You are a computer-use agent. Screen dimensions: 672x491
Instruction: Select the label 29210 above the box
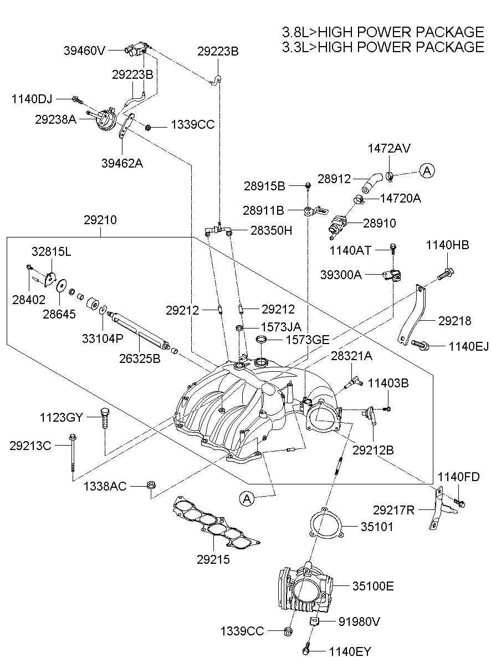coord(100,220)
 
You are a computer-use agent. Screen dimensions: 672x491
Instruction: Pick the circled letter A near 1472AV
coord(426,171)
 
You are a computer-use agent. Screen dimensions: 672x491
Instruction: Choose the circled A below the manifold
coord(247,499)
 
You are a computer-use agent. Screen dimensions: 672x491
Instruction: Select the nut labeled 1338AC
coord(150,486)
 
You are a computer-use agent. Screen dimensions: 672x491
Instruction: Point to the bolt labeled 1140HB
coord(446,273)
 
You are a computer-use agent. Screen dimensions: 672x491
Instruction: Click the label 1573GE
coord(307,339)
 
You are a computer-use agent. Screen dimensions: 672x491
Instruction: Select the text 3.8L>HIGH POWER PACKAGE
coord(383,32)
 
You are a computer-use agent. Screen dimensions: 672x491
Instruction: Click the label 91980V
coord(359,622)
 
